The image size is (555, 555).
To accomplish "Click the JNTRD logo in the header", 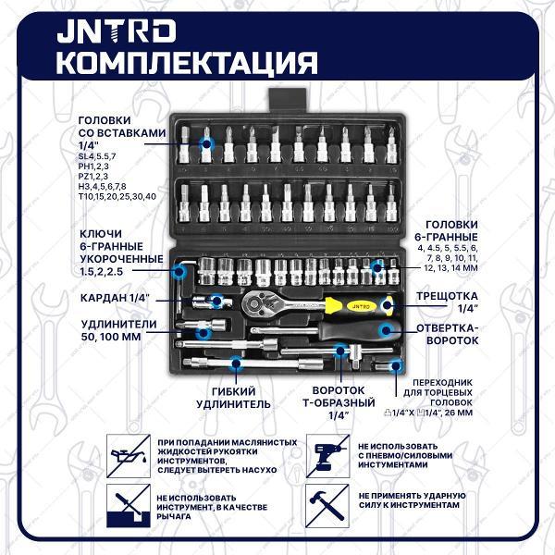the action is pyautogui.click(x=117, y=31).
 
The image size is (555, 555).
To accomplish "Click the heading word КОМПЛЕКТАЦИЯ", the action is pyautogui.click(x=187, y=63).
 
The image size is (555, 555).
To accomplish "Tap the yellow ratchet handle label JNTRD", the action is pyautogui.click(x=361, y=306).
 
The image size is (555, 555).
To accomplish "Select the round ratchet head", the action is pyautogui.click(x=254, y=303).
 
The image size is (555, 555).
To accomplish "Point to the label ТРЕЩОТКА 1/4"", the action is pyautogui.click(x=447, y=302).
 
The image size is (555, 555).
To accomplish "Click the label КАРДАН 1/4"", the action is pyautogui.click(x=115, y=298).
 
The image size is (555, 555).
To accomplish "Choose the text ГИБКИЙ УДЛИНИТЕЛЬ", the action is pyautogui.click(x=234, y=398).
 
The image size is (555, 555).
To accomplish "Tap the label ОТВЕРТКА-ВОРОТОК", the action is pyautogui.click(x=448, y=334).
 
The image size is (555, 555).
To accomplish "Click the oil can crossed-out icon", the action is pyautogui.click(x=129, y=456).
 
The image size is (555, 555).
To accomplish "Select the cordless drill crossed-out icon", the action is pyautogui.click(x=327, y=456).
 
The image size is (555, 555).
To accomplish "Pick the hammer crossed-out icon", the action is pyautogui.click(x=327, y=506).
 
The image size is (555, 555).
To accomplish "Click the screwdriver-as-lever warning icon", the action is pyautogui.click(x=129, y=506).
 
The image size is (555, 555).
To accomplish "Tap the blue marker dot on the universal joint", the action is pyautogui.click(x=217, y=302).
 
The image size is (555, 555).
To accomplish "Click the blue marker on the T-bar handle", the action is pyautogui.click(x=340, y=351).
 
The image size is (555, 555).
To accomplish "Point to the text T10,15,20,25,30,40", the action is pyautogui.click(x=117, y=196).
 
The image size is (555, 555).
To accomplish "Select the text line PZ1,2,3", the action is pyautogui.click(x=93, y=177).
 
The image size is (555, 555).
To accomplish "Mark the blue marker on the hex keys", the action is pyautogui.click(x=179, y=271).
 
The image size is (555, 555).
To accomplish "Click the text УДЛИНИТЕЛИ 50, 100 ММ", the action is pyautogui.click(x=118, y=330).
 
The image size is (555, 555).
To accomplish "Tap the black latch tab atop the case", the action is pyautogui.click(x=287, y=101).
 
